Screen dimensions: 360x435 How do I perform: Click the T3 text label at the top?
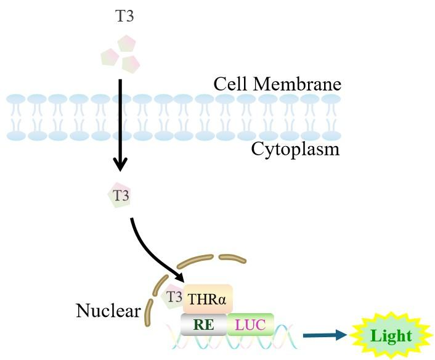(x=124, y=17)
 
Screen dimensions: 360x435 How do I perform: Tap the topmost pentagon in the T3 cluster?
(x=127, y=43)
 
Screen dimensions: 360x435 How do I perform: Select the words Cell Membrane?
(x=277, y=84)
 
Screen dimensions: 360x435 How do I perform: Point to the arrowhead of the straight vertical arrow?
(x=121, y=163)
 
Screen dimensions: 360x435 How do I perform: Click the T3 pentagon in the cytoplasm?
(x=120, y=196)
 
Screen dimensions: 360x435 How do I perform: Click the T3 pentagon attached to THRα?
(x=173, y=297)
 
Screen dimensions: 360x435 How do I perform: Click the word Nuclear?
(x=108, y=311)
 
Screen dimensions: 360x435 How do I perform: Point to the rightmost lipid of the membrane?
(x=331, y=117)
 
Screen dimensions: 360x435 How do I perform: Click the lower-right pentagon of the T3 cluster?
(x=131, y=62)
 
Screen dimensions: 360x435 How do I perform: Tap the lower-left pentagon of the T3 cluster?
(x=110, y=57)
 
